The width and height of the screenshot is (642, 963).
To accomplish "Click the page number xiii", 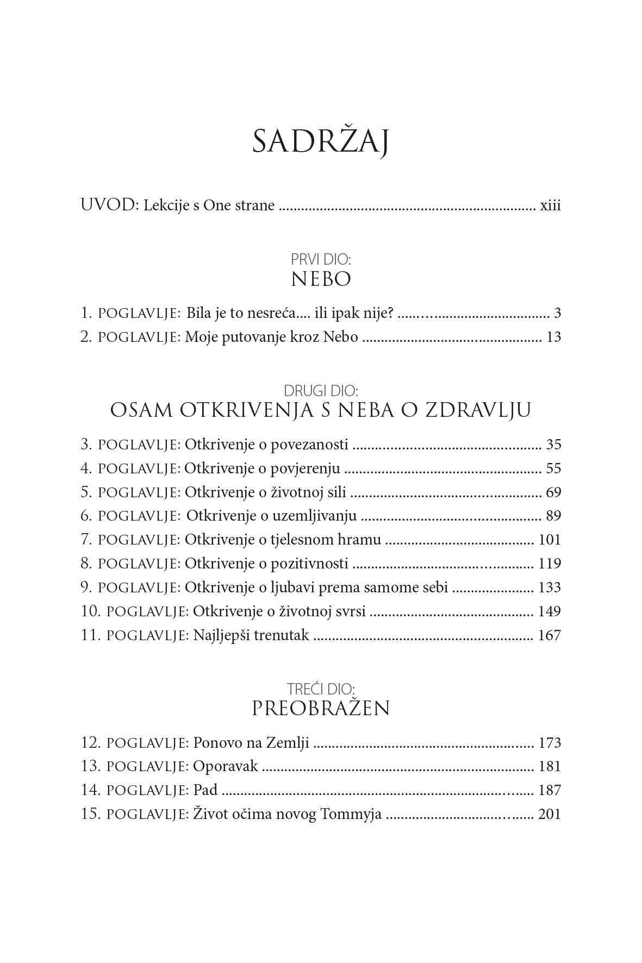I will point(550,207).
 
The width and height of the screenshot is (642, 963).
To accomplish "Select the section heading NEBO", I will point(321,279).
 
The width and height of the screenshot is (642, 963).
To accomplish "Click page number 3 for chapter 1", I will point(557,313).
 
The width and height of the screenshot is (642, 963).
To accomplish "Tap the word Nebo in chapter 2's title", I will point(340,337).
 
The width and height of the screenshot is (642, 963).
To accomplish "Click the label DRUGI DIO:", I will point(321,390).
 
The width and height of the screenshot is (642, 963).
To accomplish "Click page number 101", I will point(549,540).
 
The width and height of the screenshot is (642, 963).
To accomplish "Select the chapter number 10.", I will point(91,611).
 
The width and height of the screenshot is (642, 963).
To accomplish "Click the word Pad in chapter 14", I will point(205,790).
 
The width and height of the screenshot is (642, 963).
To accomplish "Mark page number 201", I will point(549,814).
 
